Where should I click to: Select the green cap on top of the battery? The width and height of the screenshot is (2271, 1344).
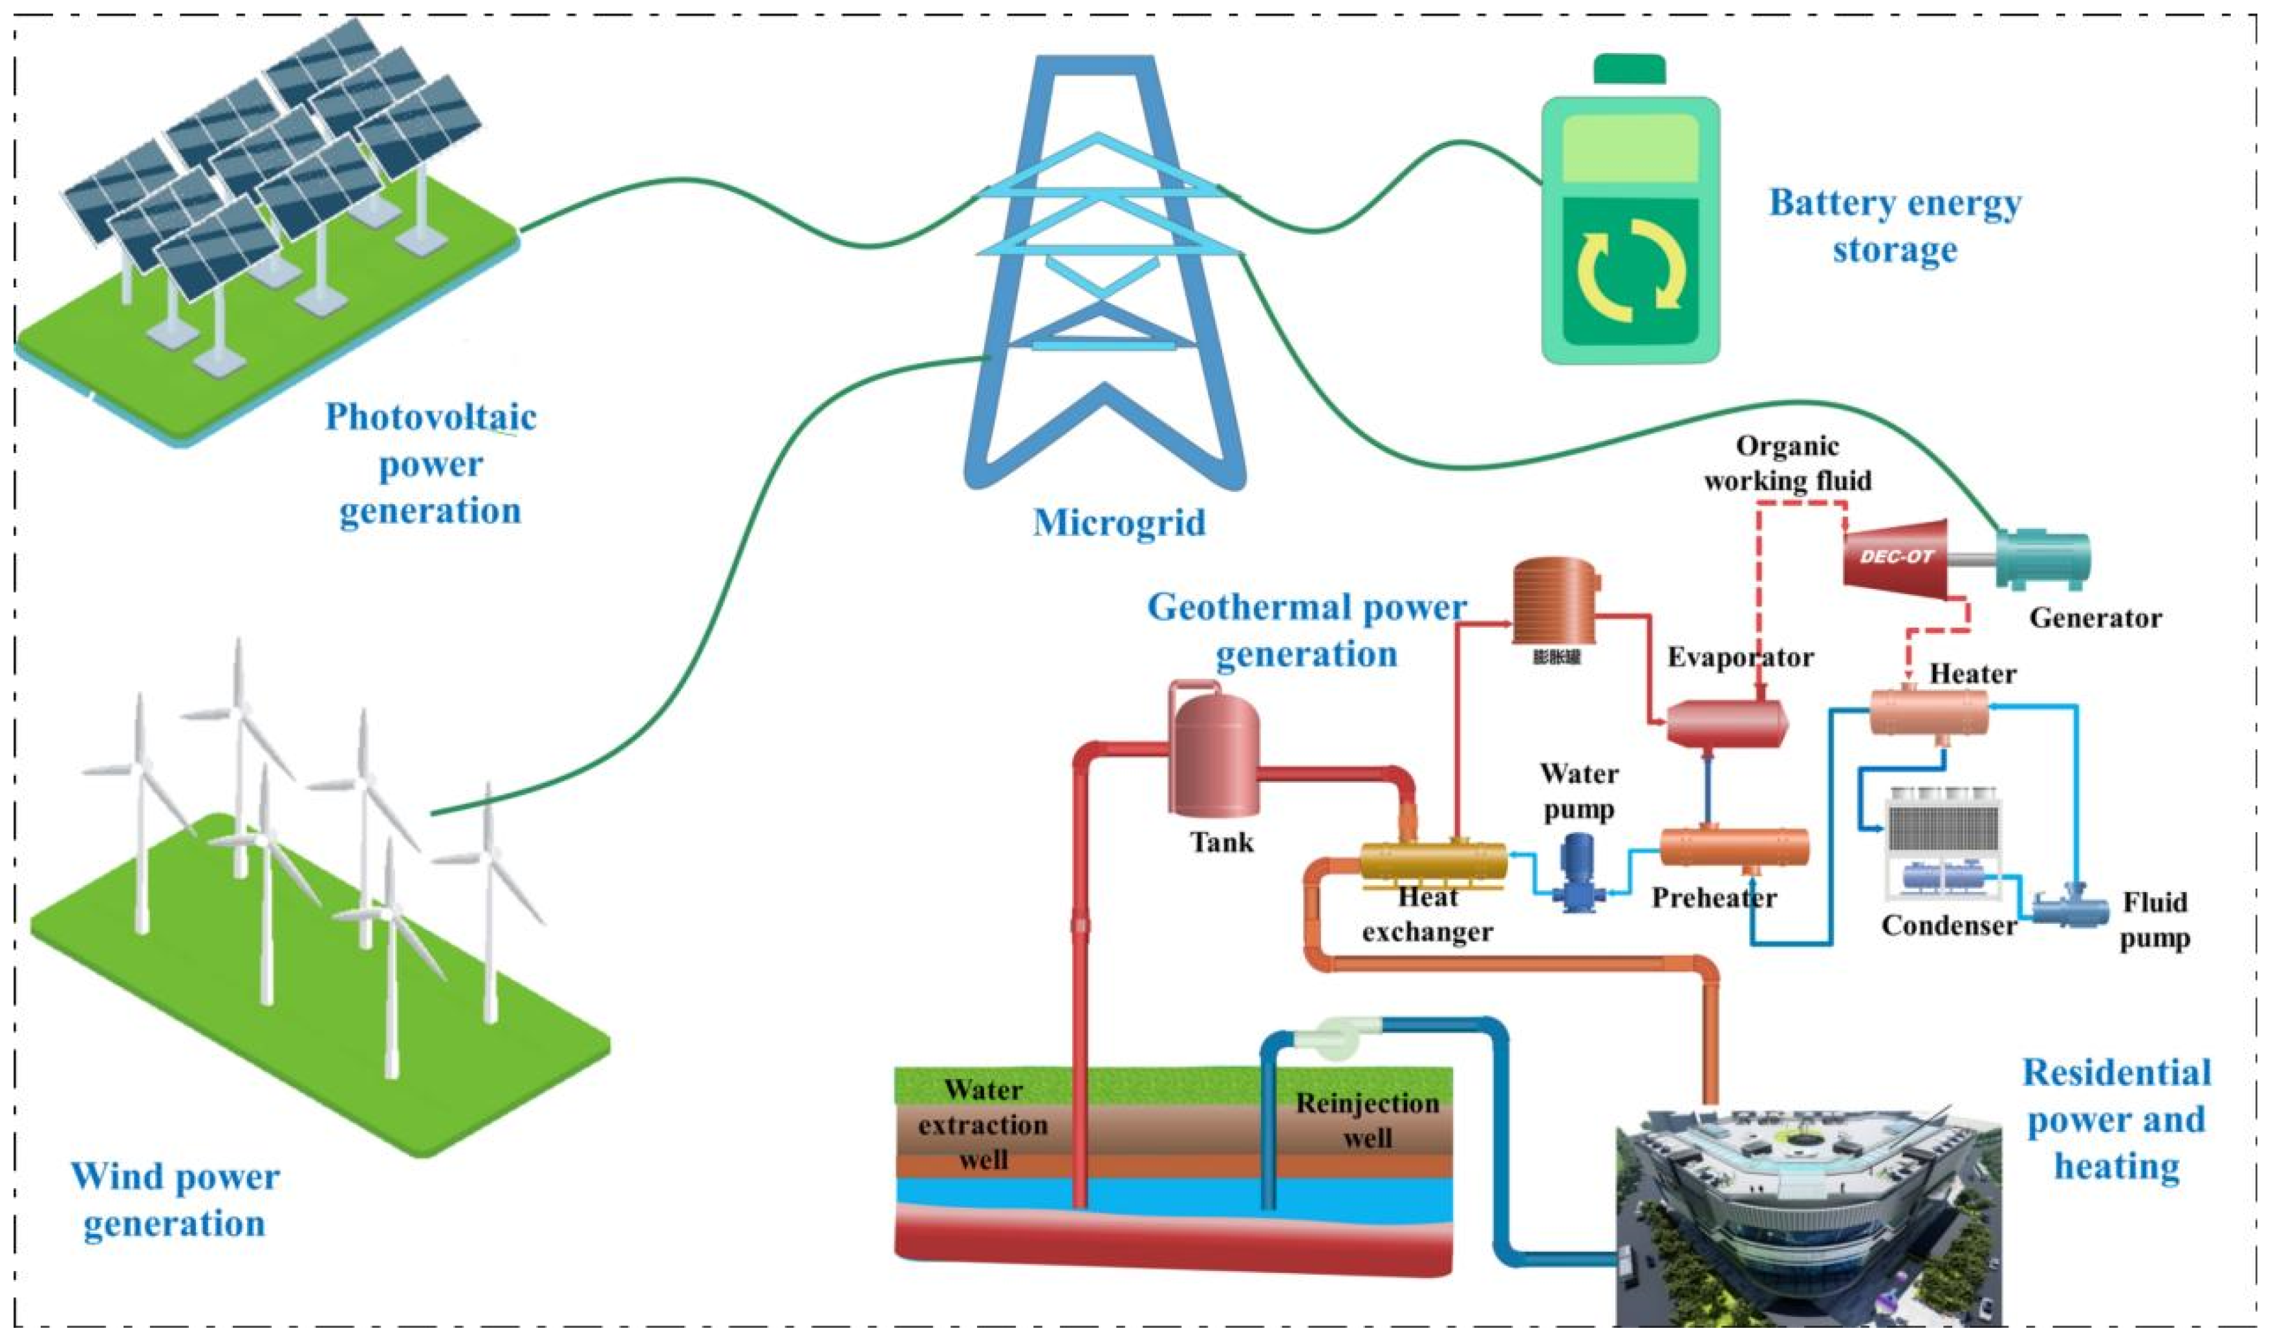click(x=1629, y=69)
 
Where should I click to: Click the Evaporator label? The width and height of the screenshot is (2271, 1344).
click(x=1740, y=657)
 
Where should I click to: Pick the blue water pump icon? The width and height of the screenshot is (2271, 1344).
click(x=1578, y=871)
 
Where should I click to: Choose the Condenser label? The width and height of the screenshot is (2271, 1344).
click(x=1948, y=926)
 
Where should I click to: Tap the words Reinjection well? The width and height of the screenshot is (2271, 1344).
click(x=1366, y=1120)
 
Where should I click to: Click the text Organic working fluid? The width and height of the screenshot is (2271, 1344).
click(x=1787, y=463)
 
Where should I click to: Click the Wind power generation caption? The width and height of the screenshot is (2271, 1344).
click(x=175, y=1199)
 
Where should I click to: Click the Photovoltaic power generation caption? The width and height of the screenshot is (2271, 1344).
click(x=430, y=464)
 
